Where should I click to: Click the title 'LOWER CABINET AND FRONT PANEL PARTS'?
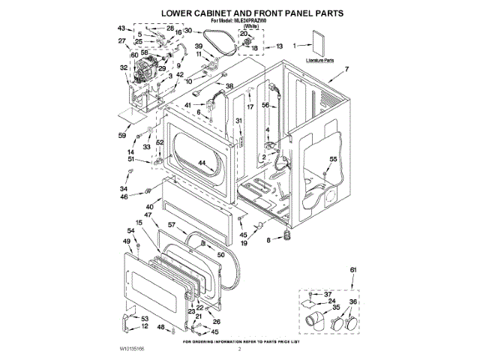click(239, 13)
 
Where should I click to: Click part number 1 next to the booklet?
click(295, 45)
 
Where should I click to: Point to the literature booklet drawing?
click(319, 42)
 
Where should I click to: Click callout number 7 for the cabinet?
click(346, 69)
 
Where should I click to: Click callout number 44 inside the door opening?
click(202, 163)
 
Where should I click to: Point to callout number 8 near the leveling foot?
click(268, 241)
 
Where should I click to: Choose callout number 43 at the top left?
click(121, 28)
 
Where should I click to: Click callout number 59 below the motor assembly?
click(121, 136)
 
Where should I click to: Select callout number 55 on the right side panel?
click(333, 159)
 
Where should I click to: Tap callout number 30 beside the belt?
click(188, 31)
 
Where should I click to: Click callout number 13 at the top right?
click(279, 46)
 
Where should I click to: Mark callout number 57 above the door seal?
click(171, 224)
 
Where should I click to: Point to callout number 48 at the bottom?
click(160, 328)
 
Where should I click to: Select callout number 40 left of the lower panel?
click(150, 206)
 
